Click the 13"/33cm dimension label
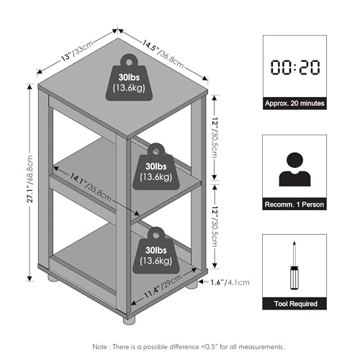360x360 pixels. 77,50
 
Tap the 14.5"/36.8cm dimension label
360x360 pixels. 163,54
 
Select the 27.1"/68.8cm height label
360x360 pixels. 30,179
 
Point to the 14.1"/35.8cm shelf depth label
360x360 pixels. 91,187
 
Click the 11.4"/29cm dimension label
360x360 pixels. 163,287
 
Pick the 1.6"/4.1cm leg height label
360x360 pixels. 230,282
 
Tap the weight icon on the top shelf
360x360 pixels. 129,77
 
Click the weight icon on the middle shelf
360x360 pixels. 156,166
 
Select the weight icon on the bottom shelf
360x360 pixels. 156,251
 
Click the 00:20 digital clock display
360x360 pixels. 295,67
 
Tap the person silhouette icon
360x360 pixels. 294,169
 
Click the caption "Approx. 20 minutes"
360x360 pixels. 294,104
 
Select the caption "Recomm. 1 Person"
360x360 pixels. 294,204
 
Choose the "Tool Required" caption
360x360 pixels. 296,304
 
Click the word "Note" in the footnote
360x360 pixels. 100,347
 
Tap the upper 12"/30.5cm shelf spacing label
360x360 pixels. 215,138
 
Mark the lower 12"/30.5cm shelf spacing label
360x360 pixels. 215,227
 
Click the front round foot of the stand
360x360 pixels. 129,320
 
